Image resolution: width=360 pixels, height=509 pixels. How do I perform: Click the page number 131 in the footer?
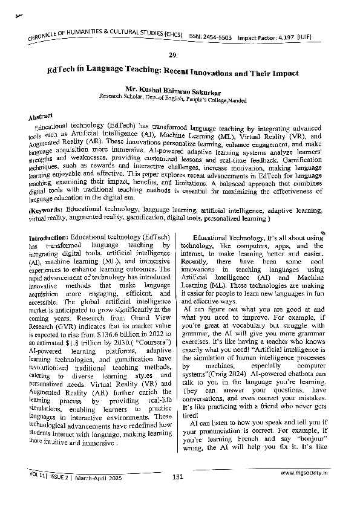tap(178, 478)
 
